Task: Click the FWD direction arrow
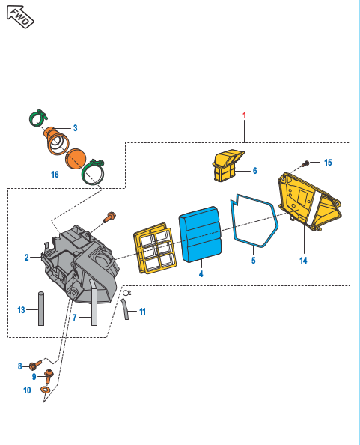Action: tap(20, 17)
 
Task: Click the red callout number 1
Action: tap(244, 115)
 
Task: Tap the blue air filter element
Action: tap(200, 234)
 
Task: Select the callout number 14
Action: tap(303, 261)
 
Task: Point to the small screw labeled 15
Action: tap(306, 163)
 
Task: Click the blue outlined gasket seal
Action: tap(254, 221)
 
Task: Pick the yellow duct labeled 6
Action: tap(227, 166)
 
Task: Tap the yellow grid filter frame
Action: tap(155, 248)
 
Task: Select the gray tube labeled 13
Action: tap(41, 309)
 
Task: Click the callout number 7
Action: tap(75, 318)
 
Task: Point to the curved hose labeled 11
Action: tap(125, 309)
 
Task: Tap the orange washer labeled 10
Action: tap(46, 390)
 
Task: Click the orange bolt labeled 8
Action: tap(35, 365)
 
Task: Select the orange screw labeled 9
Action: tap(49, 377)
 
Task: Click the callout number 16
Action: tap(55, 175)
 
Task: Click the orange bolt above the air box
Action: tap(109, 217)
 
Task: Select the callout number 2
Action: tap(27, 258)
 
